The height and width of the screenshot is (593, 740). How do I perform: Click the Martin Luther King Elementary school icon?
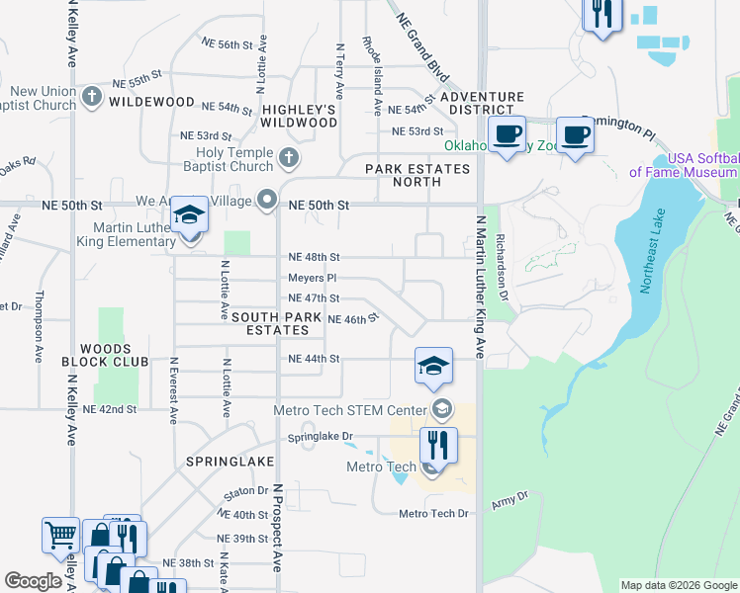(x=189, y=215)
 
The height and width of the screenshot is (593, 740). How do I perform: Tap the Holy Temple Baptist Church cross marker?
(x=288, y=157)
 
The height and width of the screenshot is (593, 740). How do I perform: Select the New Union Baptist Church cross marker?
(x=92, y=97)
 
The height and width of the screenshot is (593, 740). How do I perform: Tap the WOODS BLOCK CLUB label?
(x=113, y=355)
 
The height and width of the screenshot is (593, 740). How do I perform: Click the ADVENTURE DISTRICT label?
(x=482, y=103)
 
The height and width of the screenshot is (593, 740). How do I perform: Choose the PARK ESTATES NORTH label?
(x=416, y=176)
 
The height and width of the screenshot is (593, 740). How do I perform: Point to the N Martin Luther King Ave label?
(x=480, y=286)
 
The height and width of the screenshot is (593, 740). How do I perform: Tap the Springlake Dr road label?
(x=320, y=436)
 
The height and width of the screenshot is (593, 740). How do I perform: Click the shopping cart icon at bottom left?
(x=60, y=536)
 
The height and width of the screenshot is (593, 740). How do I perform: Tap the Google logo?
(x=35, y=581)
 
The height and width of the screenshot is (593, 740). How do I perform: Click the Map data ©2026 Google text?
(x=678, y=585)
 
